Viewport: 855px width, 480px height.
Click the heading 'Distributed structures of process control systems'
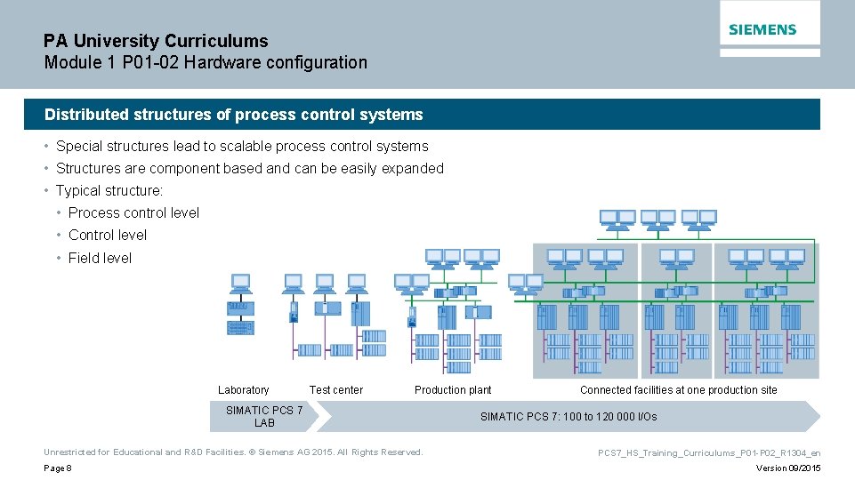234,115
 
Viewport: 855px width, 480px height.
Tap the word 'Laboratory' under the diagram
243,390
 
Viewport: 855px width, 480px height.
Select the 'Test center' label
335,390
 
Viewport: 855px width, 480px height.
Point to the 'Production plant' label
453,390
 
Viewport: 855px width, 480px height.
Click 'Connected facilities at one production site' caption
678,390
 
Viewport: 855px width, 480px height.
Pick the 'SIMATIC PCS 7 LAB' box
264,416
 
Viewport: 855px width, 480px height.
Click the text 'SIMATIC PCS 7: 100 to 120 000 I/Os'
569,417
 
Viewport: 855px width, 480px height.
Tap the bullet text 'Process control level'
133,213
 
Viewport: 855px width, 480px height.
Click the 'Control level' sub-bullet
108,236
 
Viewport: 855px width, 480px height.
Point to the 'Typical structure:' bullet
109,191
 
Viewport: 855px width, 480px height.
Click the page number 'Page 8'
57,468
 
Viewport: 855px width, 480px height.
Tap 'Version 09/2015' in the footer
788,468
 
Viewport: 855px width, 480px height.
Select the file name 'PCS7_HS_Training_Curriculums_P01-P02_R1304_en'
708,453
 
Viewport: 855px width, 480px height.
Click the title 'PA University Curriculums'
156,41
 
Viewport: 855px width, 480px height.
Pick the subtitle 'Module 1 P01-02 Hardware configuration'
206,63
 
